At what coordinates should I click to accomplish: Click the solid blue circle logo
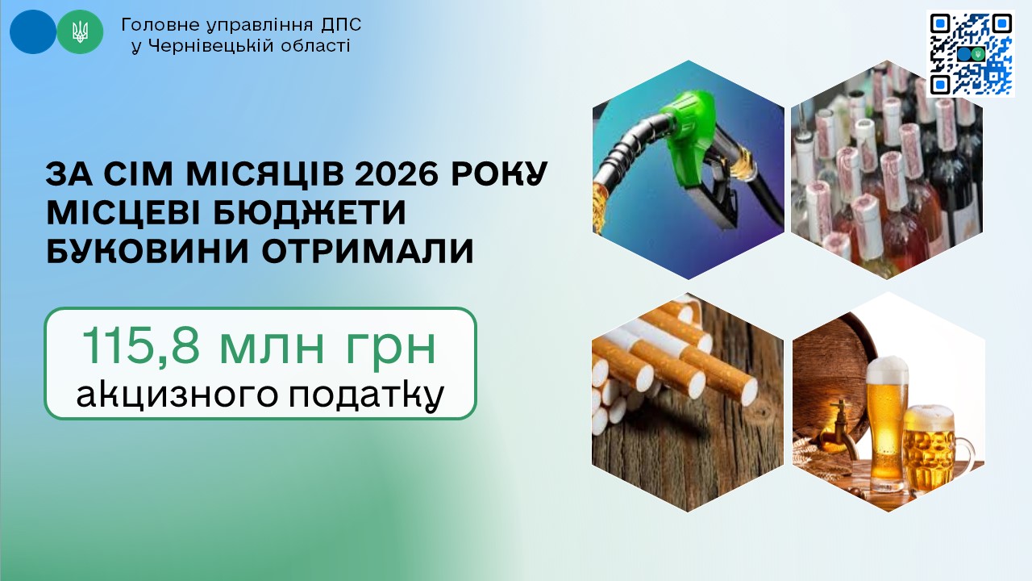(33, 31)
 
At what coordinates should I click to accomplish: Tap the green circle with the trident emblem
(80, 31)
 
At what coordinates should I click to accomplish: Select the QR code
(971, 54)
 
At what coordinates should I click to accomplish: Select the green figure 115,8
(140, 346)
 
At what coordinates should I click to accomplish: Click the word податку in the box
(366, 395)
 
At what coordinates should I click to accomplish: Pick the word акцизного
(177, 395)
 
